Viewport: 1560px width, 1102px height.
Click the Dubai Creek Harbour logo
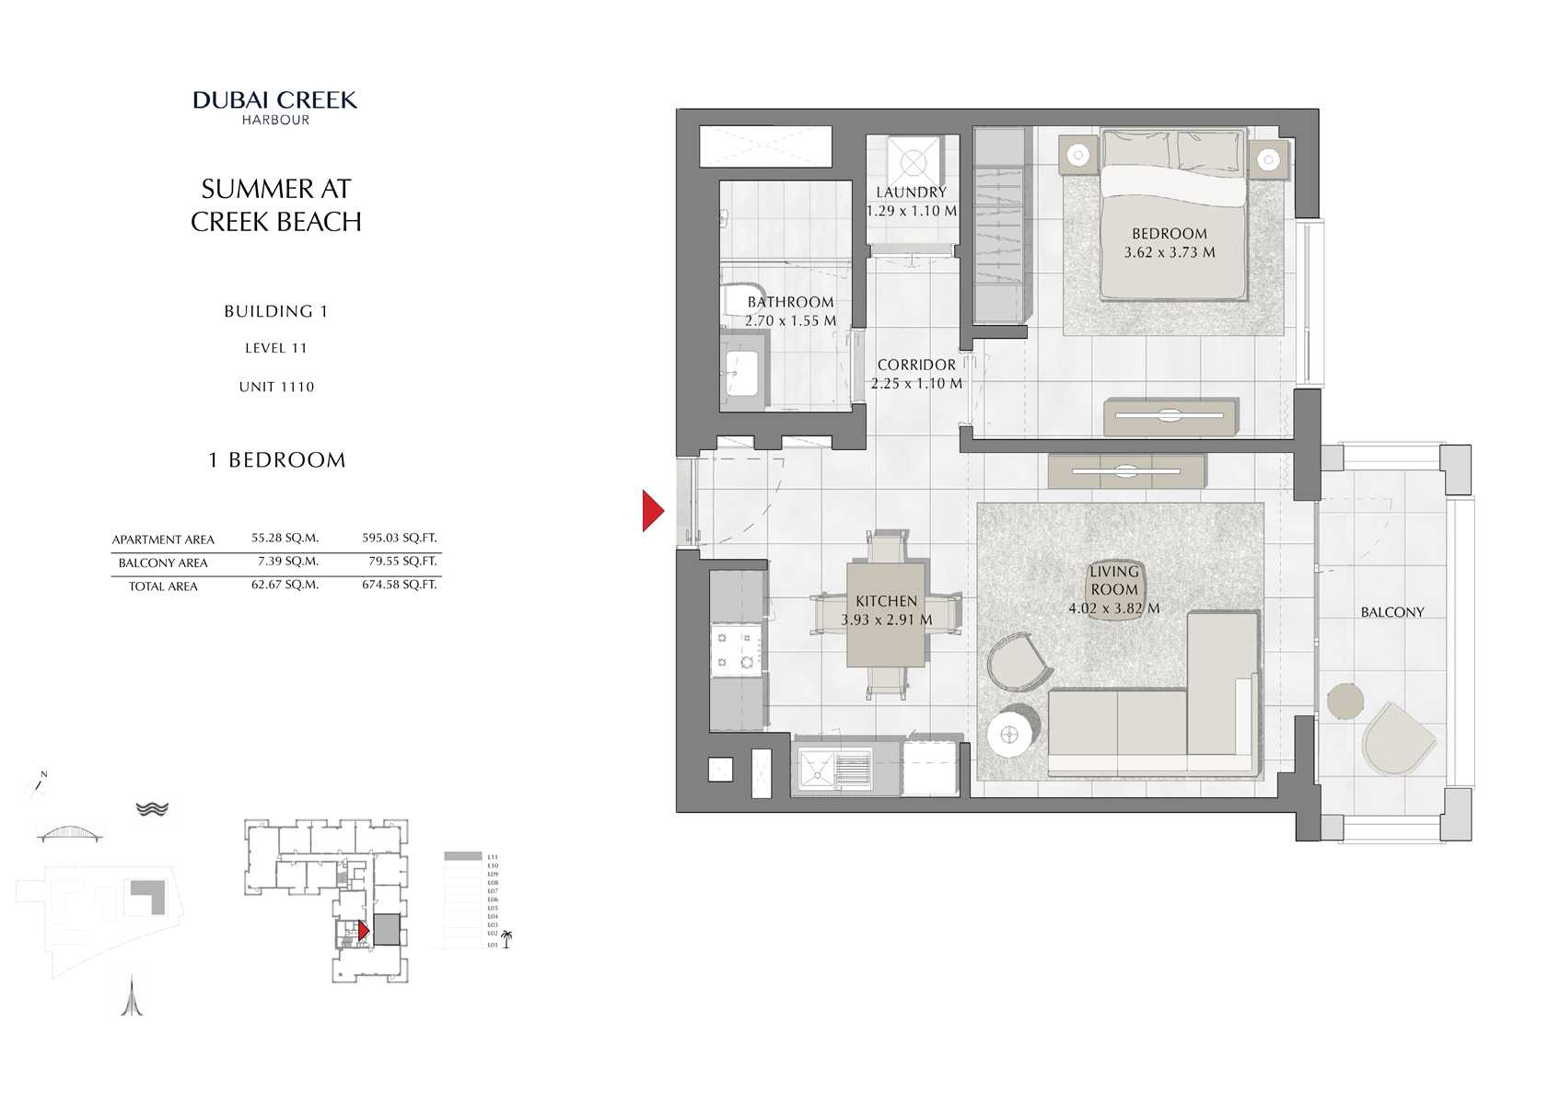coord(275,107)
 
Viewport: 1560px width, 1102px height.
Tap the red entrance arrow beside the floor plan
coord(652,511)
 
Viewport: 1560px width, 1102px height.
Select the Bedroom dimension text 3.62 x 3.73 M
coord(1169,252)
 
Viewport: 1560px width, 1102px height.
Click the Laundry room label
coord(911,192)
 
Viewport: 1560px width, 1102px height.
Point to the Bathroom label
coord(790,302)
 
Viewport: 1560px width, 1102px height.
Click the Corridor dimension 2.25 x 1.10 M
coord(916,384)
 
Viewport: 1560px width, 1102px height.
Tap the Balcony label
coord(1391,612)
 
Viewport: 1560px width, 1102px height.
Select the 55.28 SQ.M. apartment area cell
coord(285,539)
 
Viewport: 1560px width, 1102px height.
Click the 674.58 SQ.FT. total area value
coord(399,585)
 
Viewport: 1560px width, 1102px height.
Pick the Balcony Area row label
coord(163,563)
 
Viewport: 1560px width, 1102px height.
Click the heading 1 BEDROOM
coord(276,460)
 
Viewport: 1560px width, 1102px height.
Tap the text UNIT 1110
coord(276,387)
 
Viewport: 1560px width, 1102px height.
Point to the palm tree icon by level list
coord(506,939)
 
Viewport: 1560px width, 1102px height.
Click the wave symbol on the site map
coord(152,808)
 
